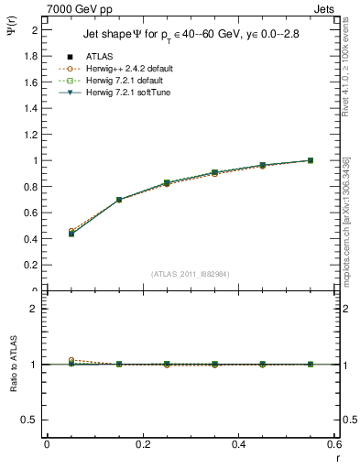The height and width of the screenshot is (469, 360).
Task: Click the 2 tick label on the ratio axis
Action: [35, 309]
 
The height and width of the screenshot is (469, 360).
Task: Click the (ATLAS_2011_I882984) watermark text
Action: [191, 274]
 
